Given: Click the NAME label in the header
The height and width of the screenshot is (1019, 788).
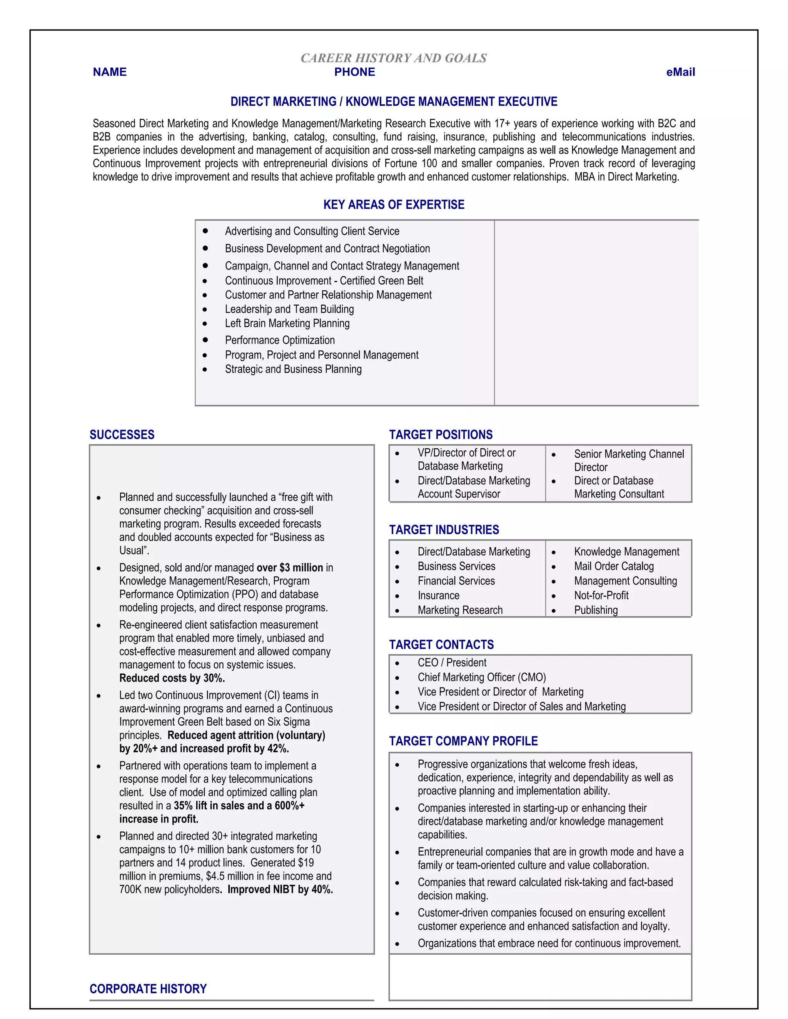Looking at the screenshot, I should tap(110, 72).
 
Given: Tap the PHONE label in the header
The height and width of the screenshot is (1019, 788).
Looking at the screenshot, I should tap(354, 72).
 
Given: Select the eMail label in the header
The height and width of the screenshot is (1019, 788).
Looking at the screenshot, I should tap(680, 72).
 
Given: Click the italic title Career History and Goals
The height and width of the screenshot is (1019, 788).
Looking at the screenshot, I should tap(394, 58).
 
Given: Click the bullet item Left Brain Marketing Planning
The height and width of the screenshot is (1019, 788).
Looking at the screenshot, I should tap(287, 323).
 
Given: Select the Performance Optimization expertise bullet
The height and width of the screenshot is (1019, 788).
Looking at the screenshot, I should tap(280, 340).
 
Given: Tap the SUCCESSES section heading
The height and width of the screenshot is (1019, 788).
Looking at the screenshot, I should tap(122, 435).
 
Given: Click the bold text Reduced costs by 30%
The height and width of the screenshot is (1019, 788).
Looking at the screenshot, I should tap(172, 678).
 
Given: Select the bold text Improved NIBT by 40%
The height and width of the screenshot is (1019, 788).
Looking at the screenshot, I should tap(280, 889).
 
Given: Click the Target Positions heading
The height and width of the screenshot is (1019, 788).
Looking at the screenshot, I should tap(441, 435).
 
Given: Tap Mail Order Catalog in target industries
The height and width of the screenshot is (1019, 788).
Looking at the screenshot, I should tap(613, 566).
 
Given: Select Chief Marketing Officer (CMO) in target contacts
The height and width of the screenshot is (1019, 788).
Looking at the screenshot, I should tap(481, 677).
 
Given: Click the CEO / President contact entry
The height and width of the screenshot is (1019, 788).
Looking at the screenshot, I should tap(451, 663).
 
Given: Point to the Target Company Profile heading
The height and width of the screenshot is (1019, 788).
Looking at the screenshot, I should tap(463, 741).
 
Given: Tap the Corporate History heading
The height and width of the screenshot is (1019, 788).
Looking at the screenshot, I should tap(148, 989).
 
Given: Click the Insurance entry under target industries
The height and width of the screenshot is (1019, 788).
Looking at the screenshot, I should tap(438, 595).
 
